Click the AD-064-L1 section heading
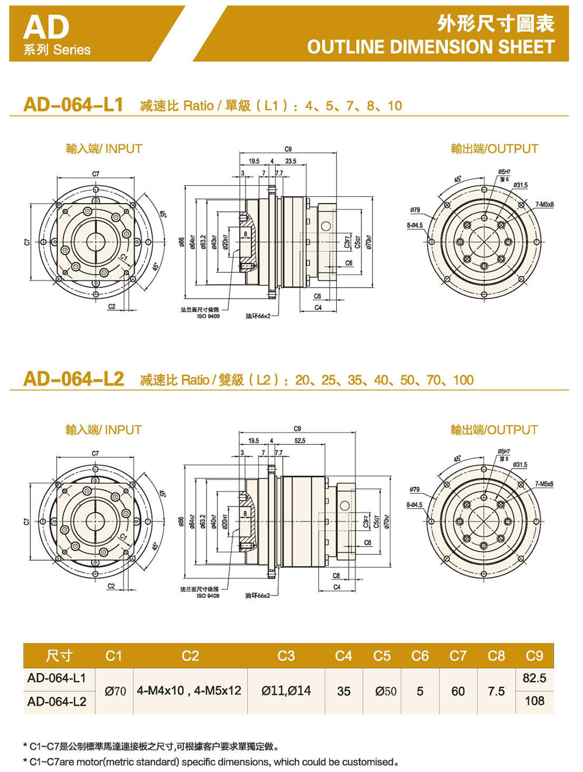[73, 105]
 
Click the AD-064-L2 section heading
[73, 379]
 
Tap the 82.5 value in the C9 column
[534, 678]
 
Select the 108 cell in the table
[534, 701]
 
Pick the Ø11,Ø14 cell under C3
[286, 690]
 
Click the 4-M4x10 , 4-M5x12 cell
[189, 690]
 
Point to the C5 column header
[382, 656]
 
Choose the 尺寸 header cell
[59, 656]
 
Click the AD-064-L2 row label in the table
[57, 702]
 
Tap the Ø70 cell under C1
[115, 691]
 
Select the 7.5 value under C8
[496, 691]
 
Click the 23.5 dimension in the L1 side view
[290, 161]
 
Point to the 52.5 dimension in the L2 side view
[300, 441]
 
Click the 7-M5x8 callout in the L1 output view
[544, 205]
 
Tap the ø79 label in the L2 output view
[415, 490]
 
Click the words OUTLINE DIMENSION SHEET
[431, 47]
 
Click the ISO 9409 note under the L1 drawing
[208, 316]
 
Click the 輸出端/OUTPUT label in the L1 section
[494, 149]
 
